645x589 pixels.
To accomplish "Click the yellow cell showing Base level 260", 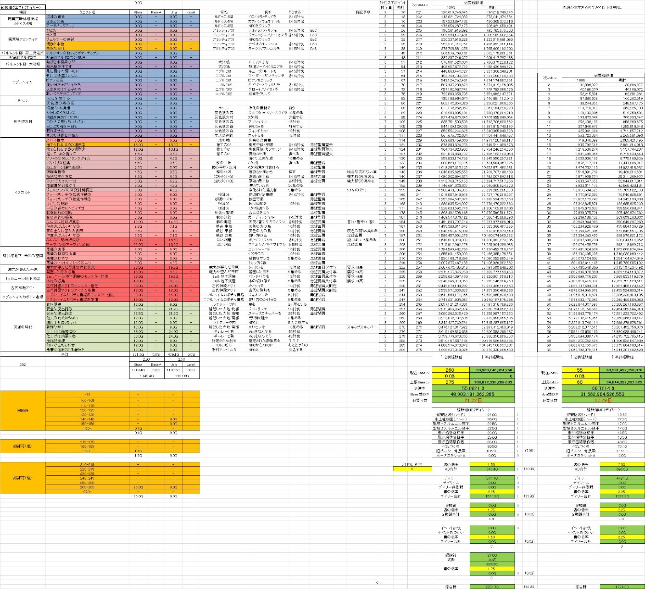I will tap(451, 370).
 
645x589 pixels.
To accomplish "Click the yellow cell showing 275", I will tap(451, 381).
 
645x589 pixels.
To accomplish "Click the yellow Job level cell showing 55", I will tap(580, 370).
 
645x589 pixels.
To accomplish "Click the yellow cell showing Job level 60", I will tap(580, 381).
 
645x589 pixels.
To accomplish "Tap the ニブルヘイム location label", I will tap(23, 82).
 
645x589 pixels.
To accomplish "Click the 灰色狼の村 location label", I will tap(23, 121).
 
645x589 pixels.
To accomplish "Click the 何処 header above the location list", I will tap(223, 12).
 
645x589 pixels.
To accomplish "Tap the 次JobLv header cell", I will tap(548, 77).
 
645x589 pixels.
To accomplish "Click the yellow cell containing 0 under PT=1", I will tap(412, 469).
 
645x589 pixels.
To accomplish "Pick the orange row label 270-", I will tap(88, 491).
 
